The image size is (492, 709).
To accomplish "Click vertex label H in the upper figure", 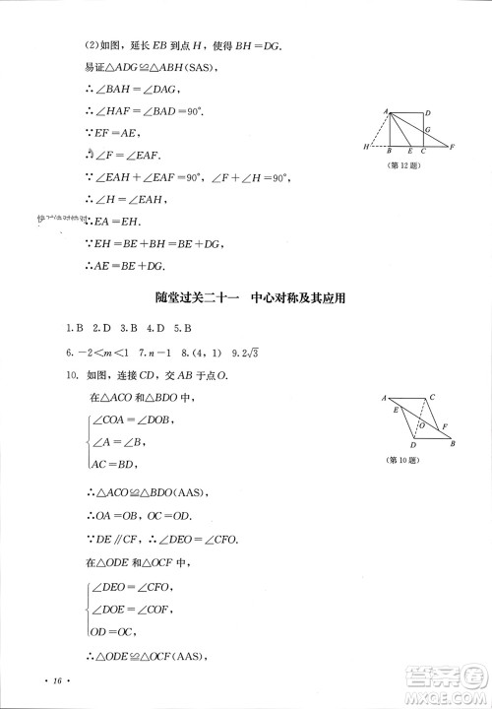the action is [365, 147].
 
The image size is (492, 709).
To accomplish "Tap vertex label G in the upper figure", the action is [427, 128].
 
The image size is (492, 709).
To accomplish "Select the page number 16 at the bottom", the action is [58, 680].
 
